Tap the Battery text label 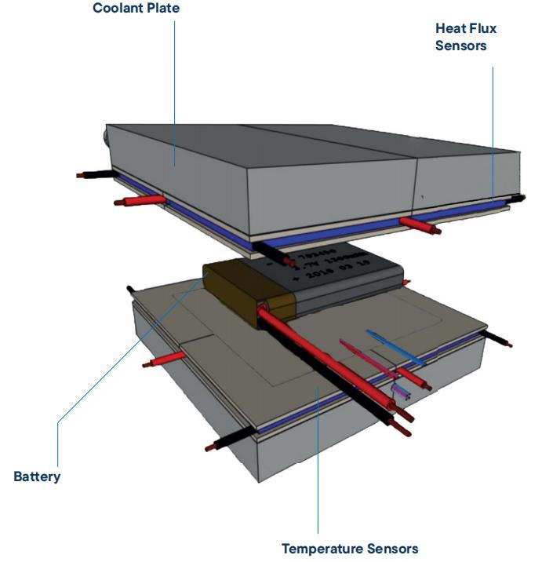coord(37,476)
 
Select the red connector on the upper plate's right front coord(420,226)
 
